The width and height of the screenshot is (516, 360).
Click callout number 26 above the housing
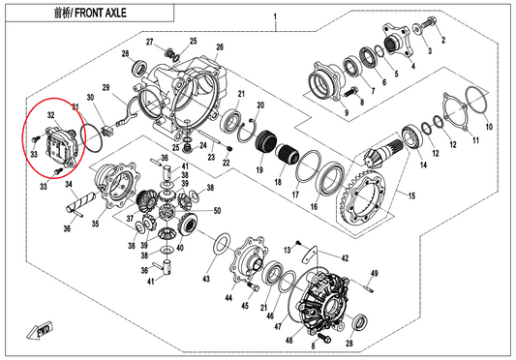click(220, 46)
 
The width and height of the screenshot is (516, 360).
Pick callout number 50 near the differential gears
click(216, 211)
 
